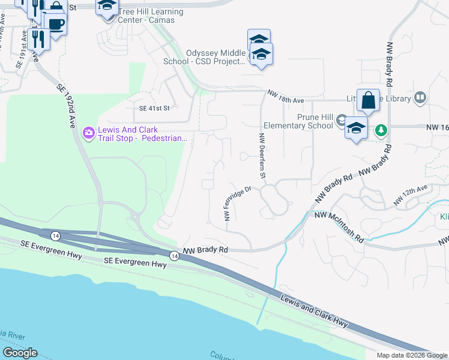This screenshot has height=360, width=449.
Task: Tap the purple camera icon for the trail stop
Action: [89, 132]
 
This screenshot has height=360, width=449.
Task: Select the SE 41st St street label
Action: [155, 109]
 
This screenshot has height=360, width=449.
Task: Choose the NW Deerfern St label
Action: [262, 157]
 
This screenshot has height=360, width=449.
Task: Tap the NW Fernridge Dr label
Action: [237, 204]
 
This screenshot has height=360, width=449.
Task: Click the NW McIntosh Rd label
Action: [339, 227]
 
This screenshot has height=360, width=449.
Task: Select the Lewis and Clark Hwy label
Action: [315, 310]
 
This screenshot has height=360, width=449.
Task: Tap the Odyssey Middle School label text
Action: [205, 57]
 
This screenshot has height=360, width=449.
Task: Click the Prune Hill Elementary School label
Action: [298, 121]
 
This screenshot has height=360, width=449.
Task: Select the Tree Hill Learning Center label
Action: [151, 16]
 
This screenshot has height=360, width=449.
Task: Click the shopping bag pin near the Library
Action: [368, 101]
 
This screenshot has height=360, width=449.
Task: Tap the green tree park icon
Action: [380, 130]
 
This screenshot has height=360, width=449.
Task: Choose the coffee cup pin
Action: [56, 25]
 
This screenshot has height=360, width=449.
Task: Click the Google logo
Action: [20, 353]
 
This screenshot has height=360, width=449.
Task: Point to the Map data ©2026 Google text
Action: [412, 355]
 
